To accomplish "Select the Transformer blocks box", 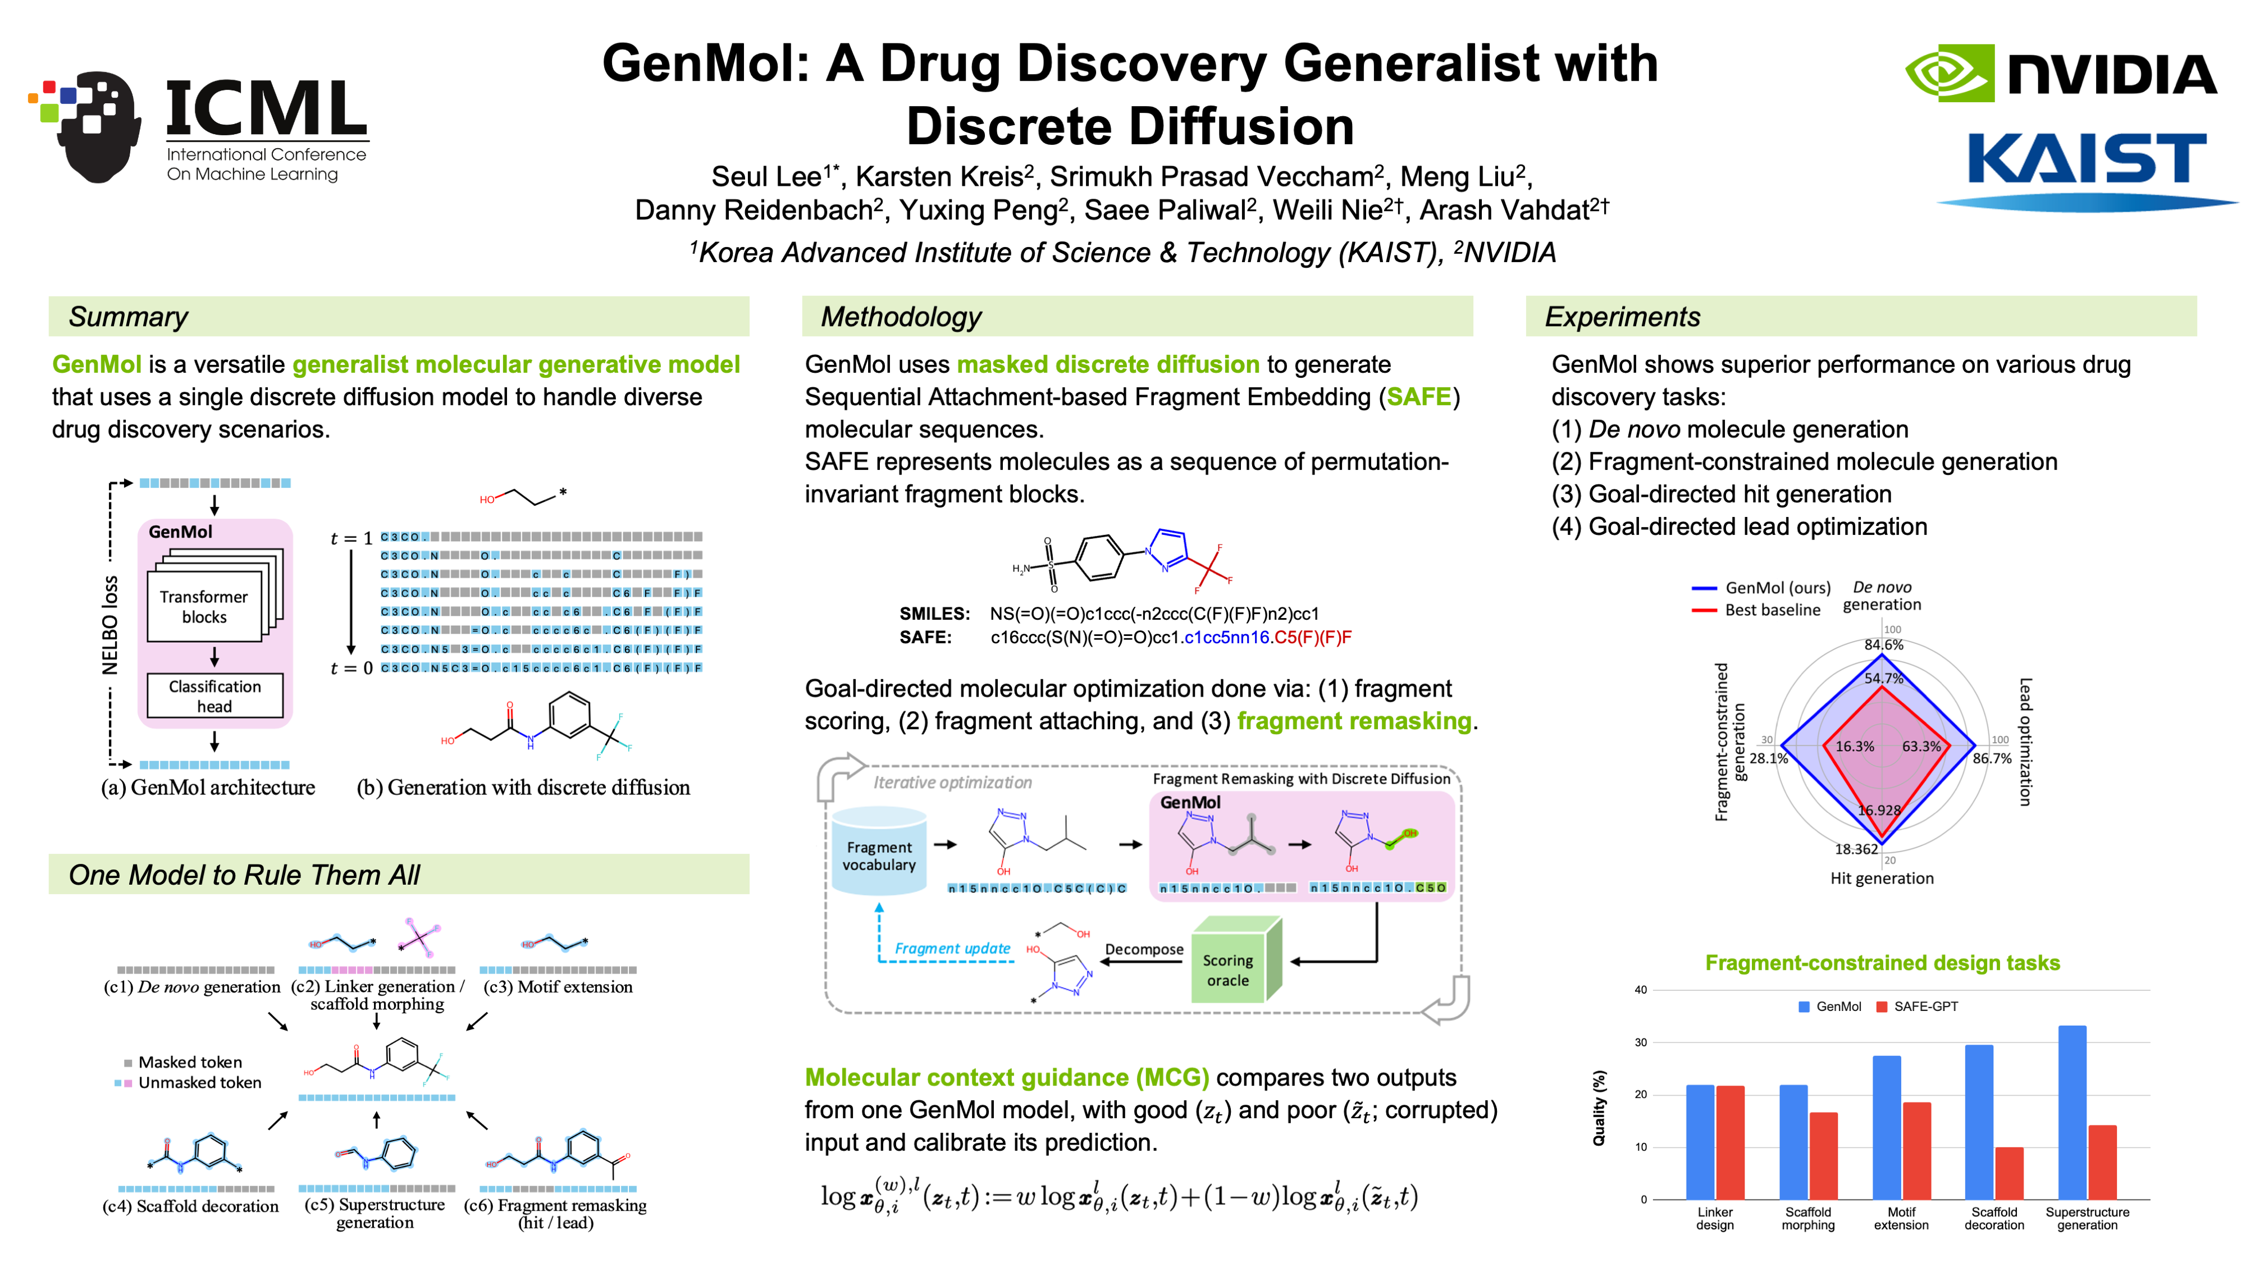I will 204,606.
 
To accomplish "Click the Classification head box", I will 214,695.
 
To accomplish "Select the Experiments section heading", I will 1622,317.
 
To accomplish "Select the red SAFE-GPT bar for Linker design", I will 1730,1142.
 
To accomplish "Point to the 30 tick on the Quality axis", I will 1641,1042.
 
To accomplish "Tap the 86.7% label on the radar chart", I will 1992,758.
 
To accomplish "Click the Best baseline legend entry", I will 1772,610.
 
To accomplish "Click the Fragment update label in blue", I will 952,948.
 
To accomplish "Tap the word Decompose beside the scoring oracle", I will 1144,949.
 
